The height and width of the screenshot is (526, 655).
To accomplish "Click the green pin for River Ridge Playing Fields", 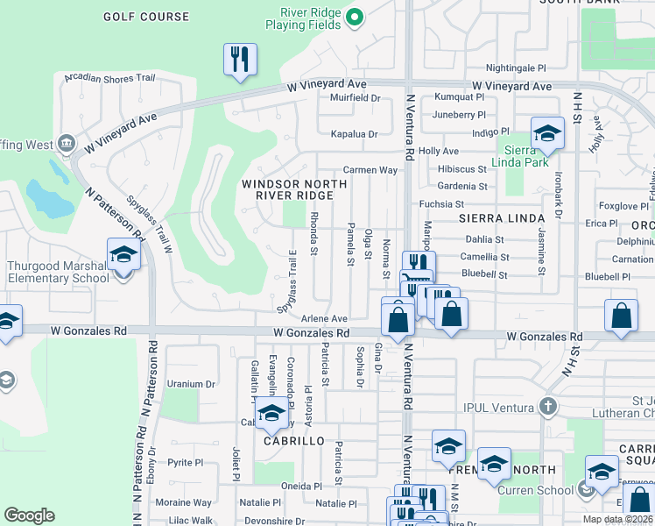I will coord(354,17).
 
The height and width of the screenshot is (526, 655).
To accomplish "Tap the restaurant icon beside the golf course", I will coord(238,60).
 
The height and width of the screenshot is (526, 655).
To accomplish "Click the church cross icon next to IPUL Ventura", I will coord(547,406).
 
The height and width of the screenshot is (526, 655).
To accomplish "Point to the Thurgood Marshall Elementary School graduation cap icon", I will coord(123,255).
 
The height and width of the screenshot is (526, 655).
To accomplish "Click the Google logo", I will coord(29,515).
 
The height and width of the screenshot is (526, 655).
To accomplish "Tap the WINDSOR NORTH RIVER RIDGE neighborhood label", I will coord(294,189).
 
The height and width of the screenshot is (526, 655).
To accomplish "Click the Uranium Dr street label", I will coord(191,384).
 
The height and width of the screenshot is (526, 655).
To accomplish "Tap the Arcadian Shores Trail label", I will coord(109,78).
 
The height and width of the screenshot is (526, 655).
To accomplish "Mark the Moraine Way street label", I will coord(183,502).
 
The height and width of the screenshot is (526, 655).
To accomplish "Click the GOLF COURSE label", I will coord(145,17).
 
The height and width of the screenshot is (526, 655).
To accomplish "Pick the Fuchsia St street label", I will coord(440,203).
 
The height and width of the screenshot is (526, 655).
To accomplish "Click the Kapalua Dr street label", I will coord(354,134).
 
